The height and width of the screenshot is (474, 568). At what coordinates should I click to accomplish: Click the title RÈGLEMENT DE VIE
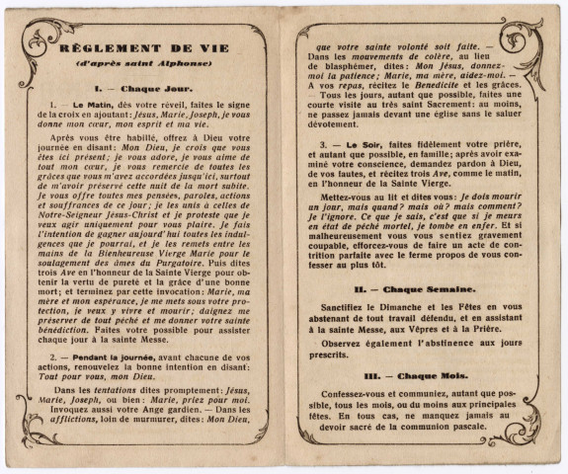tap(144, 47)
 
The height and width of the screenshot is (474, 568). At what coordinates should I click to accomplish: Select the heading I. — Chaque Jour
tap(144, 87)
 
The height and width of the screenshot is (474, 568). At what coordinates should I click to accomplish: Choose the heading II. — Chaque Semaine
tap(416, 289)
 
